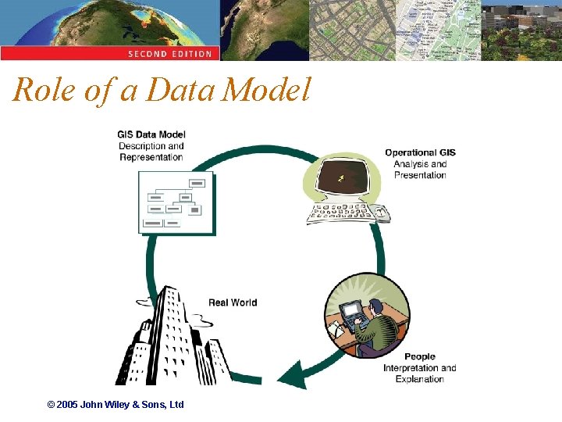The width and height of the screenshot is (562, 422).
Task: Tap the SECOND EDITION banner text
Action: coord(169,54)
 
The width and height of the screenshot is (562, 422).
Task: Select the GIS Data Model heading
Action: coord(151,134)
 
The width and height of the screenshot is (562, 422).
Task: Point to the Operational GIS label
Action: coord(420,152)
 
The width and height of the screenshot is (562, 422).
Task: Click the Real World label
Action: coord(233,302)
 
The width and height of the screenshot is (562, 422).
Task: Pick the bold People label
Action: coord(420,356)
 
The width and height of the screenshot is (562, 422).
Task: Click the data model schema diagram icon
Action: coord(176,202)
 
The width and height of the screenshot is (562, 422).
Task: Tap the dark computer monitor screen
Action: coord(343,179)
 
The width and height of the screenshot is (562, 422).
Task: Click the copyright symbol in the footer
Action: coord(52,405)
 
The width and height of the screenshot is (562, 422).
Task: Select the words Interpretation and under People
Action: coord(420,368)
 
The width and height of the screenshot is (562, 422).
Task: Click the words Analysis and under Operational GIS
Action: coord(420,164)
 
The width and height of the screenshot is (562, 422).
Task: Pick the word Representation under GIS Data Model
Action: coord(151,157)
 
